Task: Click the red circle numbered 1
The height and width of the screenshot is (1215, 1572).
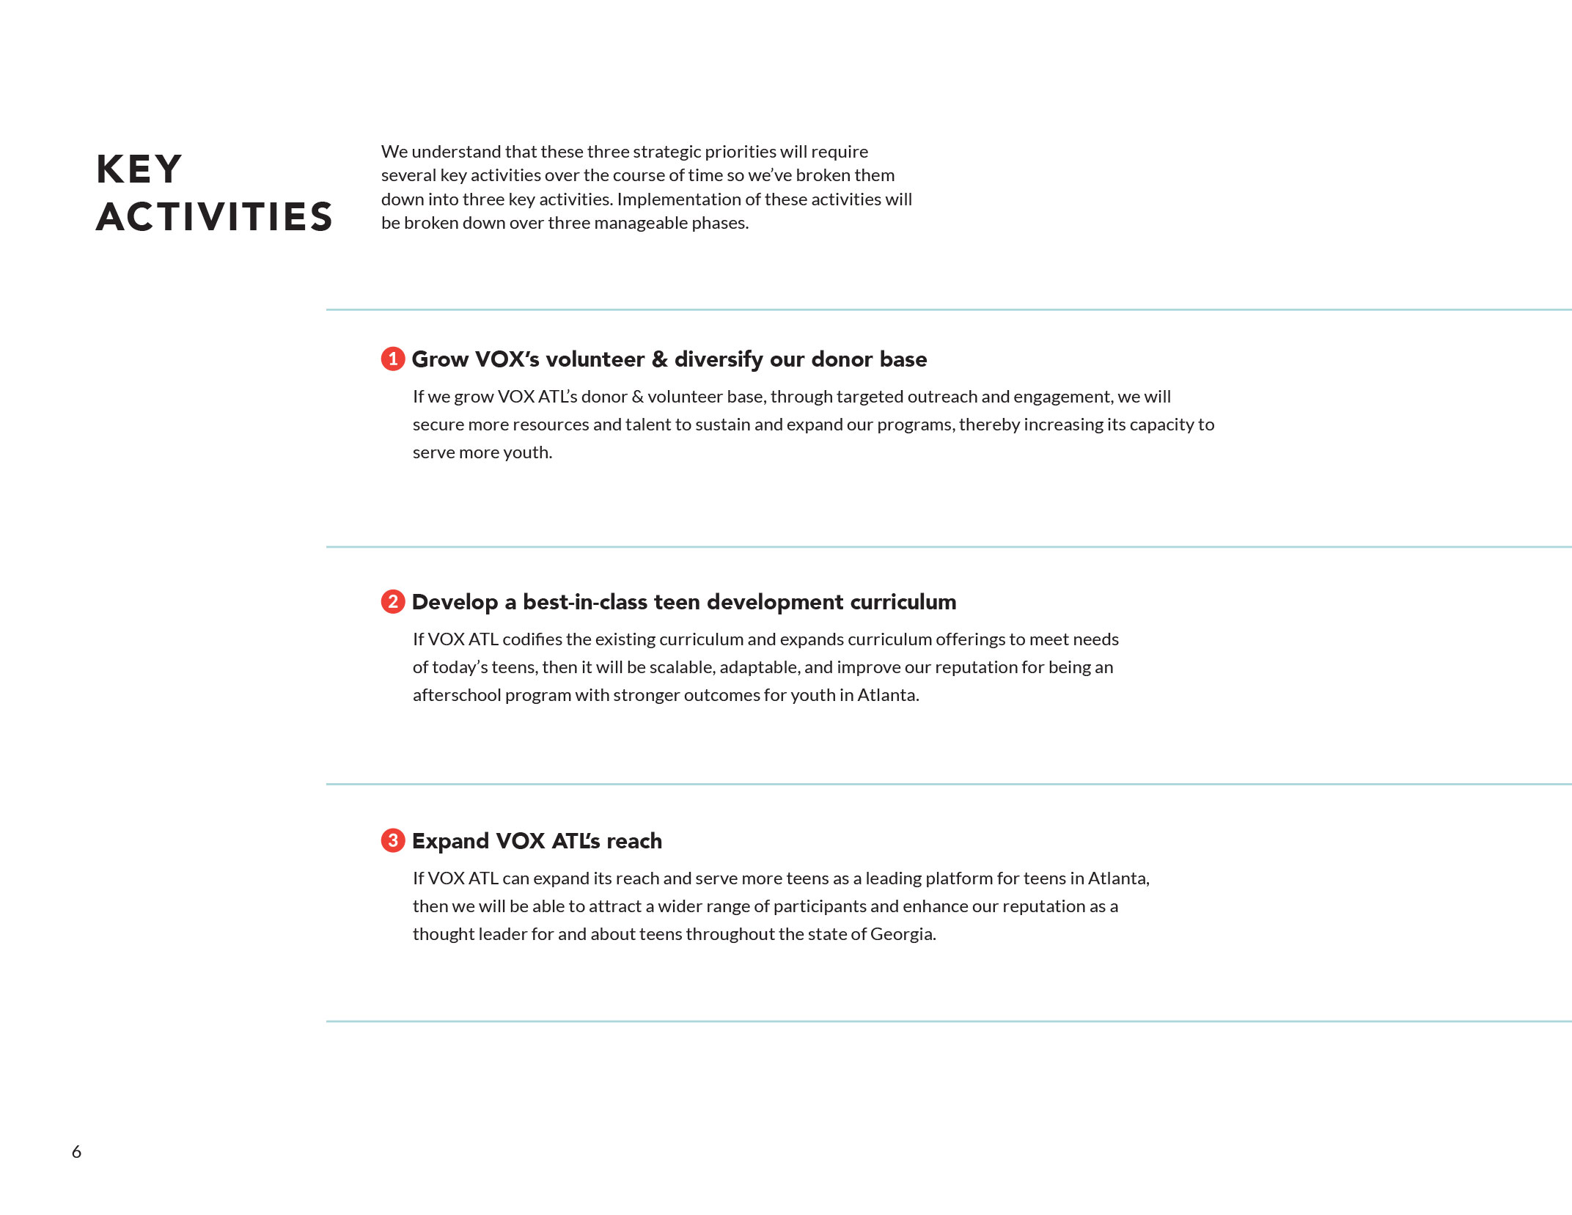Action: click(393, 359)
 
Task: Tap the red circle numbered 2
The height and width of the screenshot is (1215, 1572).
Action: click(393, 602)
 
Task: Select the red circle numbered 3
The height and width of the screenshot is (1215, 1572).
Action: click(393, 840)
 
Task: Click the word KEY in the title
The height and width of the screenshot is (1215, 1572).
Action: click(139, 169)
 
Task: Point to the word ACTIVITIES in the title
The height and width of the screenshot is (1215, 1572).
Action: click(214, 217)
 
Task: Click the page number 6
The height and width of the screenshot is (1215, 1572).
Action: click(76, 1152)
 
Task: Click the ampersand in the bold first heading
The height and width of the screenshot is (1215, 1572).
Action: click(659, 359)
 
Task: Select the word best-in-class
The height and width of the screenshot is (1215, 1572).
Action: click(585, 602)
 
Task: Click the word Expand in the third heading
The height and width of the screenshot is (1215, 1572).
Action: click(450, 841)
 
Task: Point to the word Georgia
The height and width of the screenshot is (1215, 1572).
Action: click(903, 934)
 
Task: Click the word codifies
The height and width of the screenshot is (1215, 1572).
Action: click(532, 639)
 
